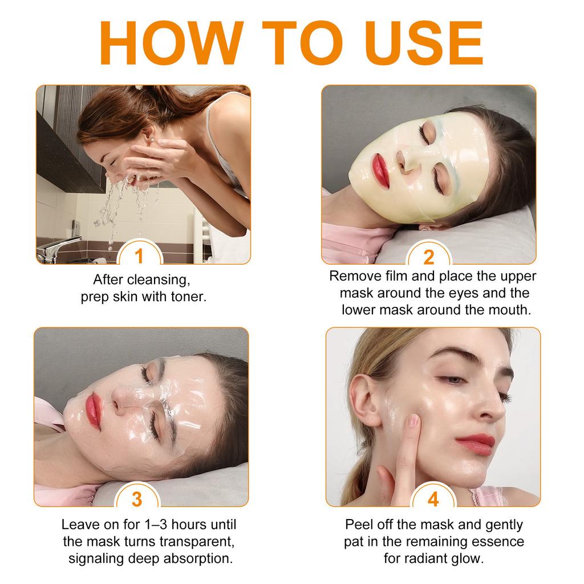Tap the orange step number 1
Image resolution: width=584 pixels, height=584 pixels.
click(139, 257)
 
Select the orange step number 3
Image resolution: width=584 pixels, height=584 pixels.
click(137, 498)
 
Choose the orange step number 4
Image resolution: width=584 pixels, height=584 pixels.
click(433, 500)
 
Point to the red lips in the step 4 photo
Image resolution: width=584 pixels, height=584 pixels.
click(474, 443)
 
